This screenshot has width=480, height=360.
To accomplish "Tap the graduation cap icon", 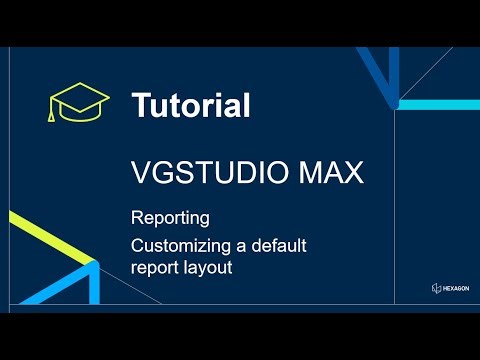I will (79, 103).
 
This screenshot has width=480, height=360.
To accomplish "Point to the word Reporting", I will (170, 218).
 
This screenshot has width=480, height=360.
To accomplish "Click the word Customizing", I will (182, 246).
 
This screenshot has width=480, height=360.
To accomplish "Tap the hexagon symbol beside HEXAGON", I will (436, 289).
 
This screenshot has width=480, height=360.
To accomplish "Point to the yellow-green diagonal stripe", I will (50, 233).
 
